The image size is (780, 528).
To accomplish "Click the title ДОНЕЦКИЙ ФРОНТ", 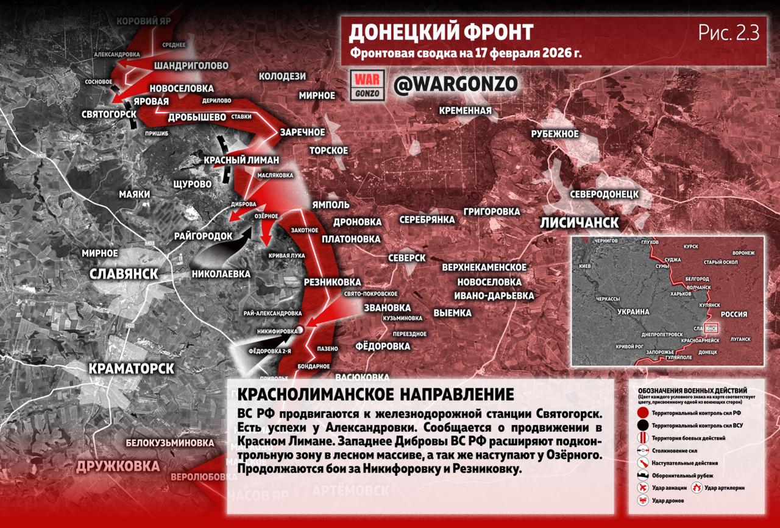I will click(441, 32).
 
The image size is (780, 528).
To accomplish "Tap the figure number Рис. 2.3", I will click(728, 33).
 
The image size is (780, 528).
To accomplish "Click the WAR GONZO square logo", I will click(367, 85).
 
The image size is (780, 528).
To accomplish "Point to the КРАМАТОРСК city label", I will click(132, 368).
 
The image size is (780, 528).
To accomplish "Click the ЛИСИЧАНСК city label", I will click(579, 222).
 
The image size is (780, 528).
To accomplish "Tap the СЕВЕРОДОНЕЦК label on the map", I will click(604, 194).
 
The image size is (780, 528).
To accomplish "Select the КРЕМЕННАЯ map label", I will click(465, 110).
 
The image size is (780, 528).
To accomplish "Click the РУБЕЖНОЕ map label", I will click(555, 134).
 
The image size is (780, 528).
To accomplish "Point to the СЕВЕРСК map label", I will click(407, 258).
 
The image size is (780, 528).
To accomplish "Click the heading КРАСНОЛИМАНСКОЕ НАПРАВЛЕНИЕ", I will click(371, 394).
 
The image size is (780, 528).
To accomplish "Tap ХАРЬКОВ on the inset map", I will click(682, 294).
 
